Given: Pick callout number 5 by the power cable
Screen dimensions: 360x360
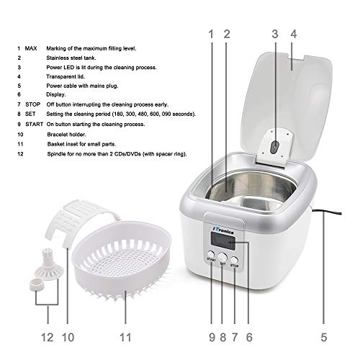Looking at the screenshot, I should tap(324, 336).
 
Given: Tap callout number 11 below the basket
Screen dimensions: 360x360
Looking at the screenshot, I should tap(123, 336).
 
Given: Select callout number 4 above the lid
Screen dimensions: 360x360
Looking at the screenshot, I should tap(293, 33).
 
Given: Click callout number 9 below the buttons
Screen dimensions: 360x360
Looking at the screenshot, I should tap(212, 336).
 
